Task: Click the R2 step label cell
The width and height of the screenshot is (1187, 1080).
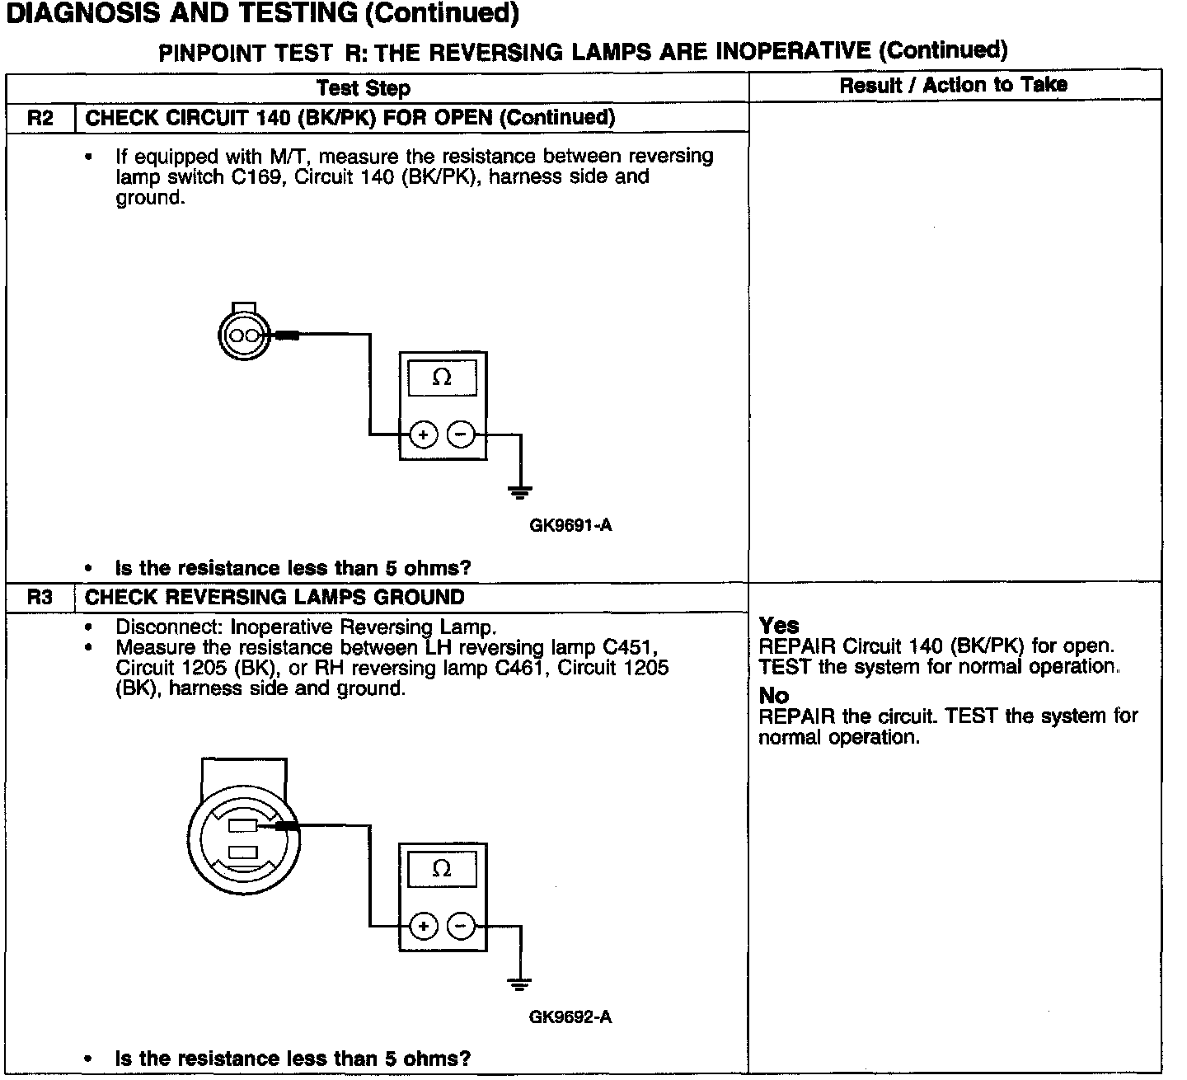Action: [40, 118]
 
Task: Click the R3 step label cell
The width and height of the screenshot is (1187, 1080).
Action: [40, 597]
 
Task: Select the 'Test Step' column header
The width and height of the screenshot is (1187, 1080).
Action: [363, 87]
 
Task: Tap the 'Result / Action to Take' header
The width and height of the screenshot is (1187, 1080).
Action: [953, 85]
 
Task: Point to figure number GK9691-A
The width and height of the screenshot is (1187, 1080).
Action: [570, 525]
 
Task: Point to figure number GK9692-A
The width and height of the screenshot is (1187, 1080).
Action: [570, 1017]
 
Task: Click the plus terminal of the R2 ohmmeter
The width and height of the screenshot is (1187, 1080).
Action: [423, 434]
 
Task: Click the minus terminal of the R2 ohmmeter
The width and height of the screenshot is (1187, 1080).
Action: [461, 434]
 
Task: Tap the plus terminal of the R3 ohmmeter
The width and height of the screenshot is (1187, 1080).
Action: [423, 927]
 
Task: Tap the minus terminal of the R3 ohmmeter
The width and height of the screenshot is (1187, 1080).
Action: [461, 927]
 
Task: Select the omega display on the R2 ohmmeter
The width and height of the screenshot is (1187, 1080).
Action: [442, 378]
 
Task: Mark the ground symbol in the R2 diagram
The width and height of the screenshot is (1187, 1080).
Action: [519, 493]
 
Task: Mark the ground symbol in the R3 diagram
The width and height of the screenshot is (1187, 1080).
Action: [519, 984]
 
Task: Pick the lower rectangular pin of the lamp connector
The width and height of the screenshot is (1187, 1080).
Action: [242, 852]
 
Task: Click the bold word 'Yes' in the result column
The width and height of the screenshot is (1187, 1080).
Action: [779, 626]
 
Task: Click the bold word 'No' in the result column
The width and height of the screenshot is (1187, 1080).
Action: [774, 696]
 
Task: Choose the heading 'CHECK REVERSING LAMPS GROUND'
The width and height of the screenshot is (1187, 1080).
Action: [274, 597]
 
